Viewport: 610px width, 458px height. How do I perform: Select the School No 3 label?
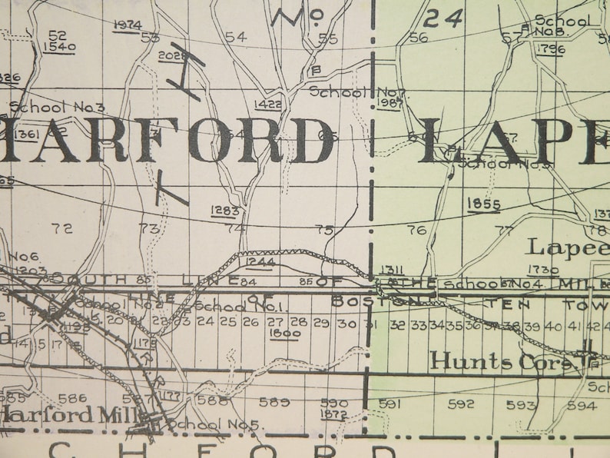tap(57, 108)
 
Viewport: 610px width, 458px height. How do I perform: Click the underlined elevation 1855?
tap(484, 204)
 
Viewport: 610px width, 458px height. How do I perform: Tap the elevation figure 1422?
tap(267, 105)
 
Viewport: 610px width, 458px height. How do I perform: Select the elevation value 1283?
tap(225, 210)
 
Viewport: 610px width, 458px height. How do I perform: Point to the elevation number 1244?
tap(261, 263)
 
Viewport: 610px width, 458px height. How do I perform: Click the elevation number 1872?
tap(333, 414)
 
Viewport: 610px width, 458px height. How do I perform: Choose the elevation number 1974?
tap(127, 25)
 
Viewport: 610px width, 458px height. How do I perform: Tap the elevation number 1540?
tap(58, 47)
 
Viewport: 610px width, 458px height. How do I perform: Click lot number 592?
tap(461, 403)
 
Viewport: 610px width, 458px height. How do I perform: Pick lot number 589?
tap(274, 402)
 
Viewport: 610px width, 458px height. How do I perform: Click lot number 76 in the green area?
tap(416, 230)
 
